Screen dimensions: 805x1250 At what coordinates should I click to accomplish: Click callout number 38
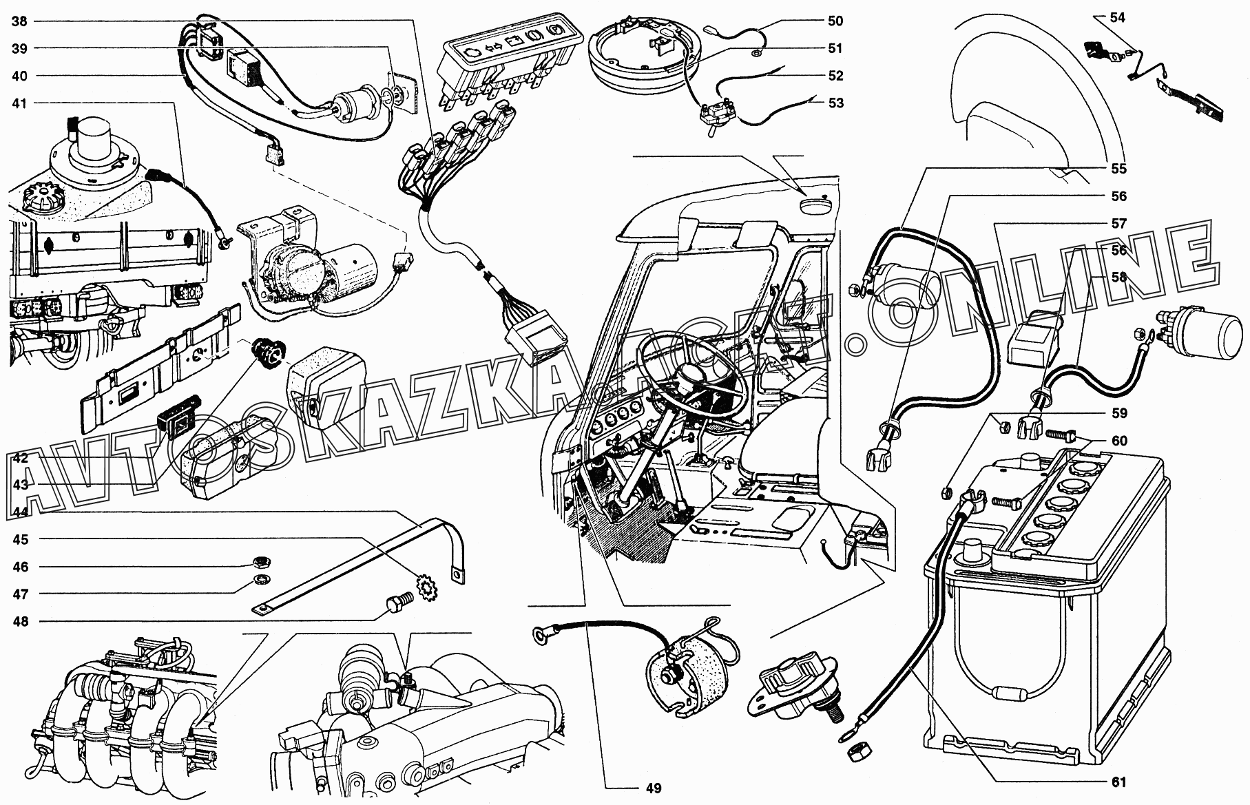[x=20, y=21]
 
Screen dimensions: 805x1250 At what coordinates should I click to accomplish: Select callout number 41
[x=20, y=103]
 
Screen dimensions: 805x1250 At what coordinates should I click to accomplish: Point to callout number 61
[x=1118, y=782]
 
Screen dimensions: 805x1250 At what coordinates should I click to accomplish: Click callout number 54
[x=1117, y=18]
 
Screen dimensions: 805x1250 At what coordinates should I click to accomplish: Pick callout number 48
[x=20, y=621]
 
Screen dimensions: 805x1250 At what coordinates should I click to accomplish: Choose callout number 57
[x=1118, y=223]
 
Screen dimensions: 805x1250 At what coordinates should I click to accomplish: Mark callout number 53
[x=835, y=103]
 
